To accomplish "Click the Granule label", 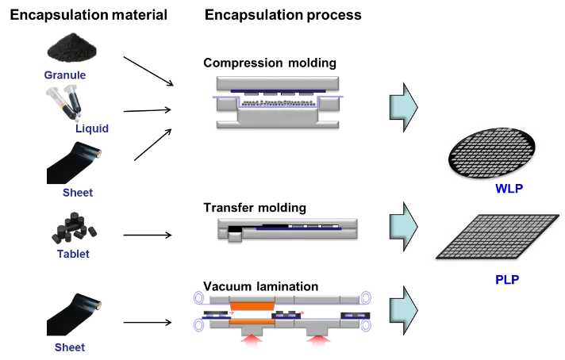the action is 65,75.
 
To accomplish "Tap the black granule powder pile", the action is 72,48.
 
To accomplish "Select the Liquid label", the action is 92,128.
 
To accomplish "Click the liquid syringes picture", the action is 64,103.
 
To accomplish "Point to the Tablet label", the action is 73,254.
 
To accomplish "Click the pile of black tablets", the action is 75,228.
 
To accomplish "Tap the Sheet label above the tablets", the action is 78,193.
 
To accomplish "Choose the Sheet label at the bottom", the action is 70,347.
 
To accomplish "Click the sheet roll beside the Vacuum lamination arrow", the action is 74,314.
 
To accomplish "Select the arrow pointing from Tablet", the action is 148,235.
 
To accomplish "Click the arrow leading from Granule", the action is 148,71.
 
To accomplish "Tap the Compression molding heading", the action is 270,63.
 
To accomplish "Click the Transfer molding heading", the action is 255,208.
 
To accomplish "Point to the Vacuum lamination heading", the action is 261,286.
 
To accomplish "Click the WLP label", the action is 509,188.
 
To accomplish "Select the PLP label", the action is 507,280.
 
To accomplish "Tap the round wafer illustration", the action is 492,152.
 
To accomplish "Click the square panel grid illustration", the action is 498,236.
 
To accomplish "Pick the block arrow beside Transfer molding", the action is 404,227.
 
